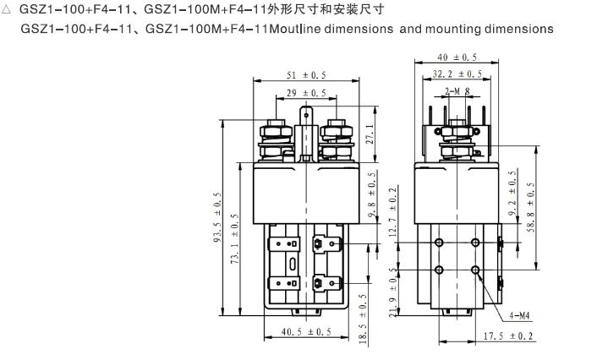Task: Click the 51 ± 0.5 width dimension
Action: click(305, 74)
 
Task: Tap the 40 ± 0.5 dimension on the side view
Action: click(457, 57)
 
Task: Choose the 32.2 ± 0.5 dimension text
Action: click(457, 74)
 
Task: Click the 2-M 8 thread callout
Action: click(457, 90)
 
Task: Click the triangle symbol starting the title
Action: click(8, 10)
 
